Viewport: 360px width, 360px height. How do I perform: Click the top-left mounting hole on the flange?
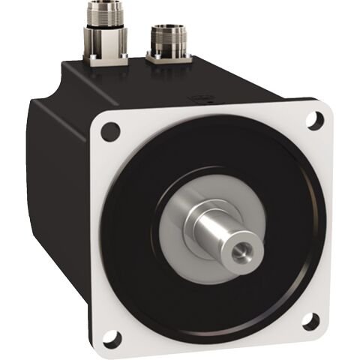(x=110, y=131)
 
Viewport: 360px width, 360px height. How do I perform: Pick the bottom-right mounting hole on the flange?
(x=310, y=321)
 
